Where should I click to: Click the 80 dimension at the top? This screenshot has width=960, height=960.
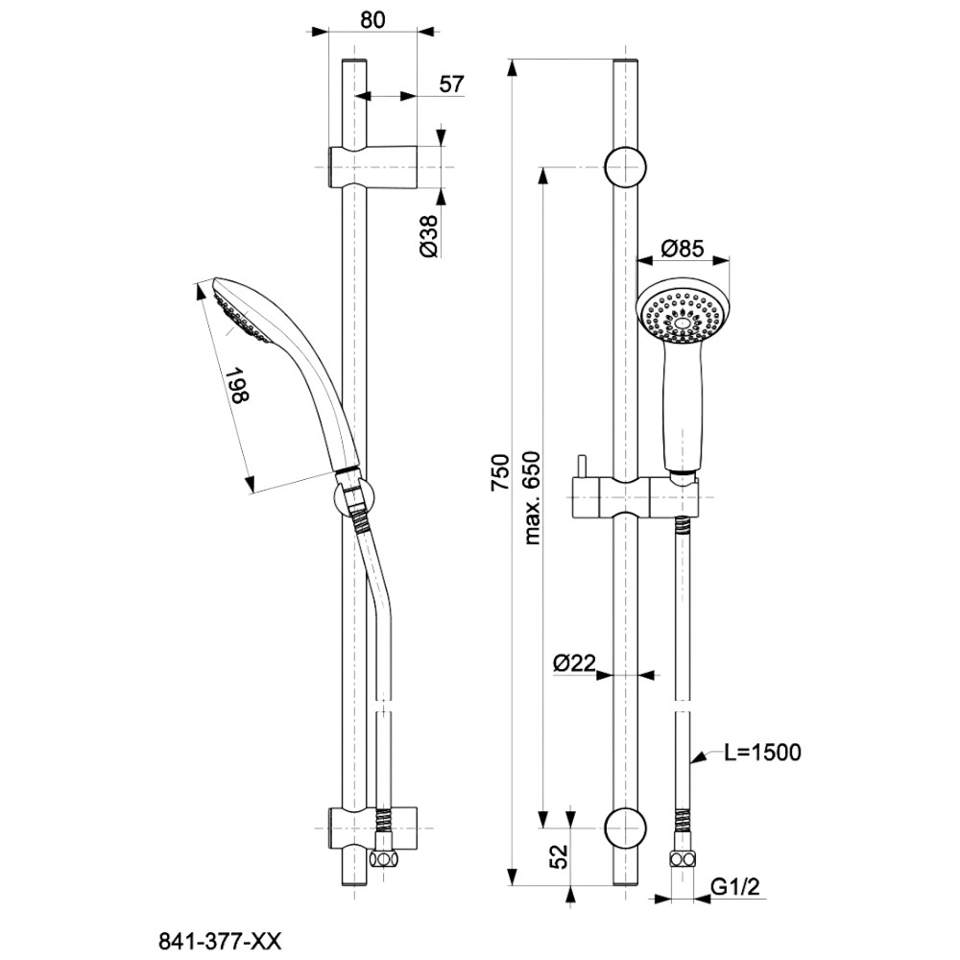point(374,19)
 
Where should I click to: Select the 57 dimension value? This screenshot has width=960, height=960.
point(451,84)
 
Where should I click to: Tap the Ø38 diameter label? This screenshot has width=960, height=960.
point(429,235)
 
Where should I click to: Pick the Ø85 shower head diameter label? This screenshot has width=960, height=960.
point(684,249)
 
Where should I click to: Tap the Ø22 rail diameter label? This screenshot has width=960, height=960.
point(575,662)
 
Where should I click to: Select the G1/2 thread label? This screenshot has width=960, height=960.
point(735,889)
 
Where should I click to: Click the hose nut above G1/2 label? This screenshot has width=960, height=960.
point(682,858)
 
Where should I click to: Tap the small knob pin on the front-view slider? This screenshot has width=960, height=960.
point(580,467)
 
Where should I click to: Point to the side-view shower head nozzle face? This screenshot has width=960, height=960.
point(239,312)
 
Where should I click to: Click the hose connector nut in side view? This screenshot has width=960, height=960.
point(384,858)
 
